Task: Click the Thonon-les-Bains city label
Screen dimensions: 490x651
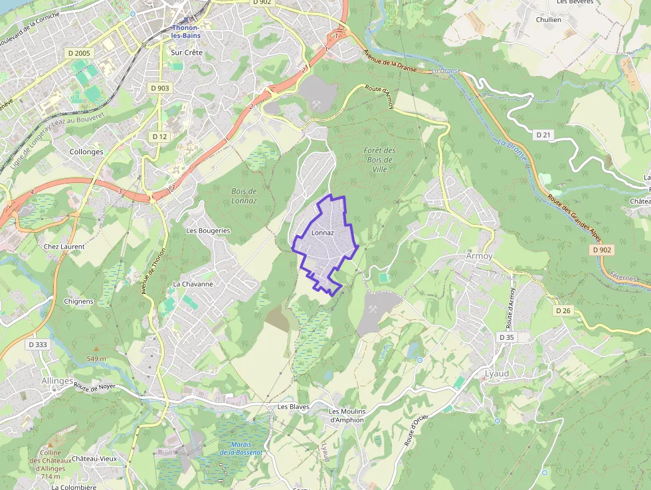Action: pos(186,31)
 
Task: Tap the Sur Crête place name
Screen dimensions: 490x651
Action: pos(186,52)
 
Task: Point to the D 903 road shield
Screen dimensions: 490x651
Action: pos(159,88)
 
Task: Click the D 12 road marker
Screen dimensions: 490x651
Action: pos(159,136)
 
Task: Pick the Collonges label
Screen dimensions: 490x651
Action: pos(86,152)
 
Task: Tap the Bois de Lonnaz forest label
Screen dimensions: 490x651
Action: pos(244,195)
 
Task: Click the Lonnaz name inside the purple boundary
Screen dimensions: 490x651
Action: pos(322,233)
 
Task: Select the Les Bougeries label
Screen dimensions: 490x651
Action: pos(208,231)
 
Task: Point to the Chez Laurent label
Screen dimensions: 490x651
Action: pos(64,247)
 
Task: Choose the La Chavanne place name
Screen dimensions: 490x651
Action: pos(193,284)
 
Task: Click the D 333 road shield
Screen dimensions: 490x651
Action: pos(38,344)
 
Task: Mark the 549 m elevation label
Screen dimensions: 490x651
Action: pos(96,359)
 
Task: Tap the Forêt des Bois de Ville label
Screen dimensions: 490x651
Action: pos(380,160)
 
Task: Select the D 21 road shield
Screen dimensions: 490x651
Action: pos(543,135)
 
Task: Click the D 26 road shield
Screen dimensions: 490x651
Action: pos(563,310)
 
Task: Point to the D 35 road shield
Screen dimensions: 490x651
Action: pos(506,337)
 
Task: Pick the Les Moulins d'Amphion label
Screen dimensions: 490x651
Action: pos(347,416)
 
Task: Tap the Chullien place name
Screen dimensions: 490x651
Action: pos(549,20)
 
